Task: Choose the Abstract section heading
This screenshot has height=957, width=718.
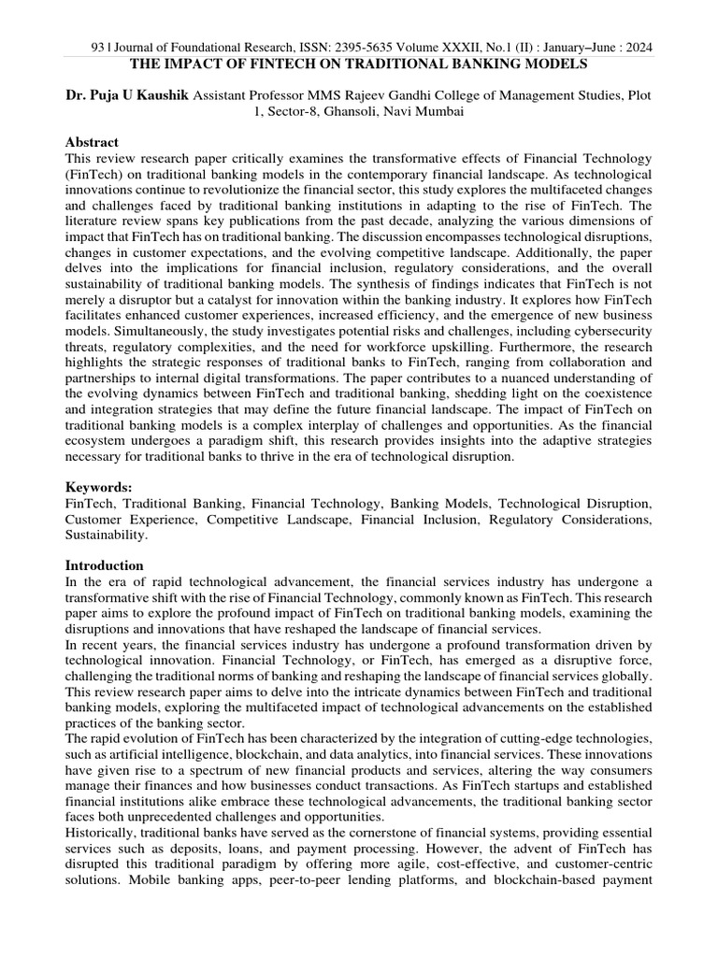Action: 92,142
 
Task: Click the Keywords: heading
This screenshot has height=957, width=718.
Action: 96,488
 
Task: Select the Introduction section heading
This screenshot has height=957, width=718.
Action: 104,565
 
